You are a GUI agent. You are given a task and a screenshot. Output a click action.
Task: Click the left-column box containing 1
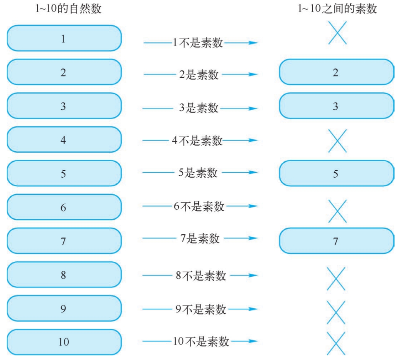64,38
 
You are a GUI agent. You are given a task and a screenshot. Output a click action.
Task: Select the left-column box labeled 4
64,140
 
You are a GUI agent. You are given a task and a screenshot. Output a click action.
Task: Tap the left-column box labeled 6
64,207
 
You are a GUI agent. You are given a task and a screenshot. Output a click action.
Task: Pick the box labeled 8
64,275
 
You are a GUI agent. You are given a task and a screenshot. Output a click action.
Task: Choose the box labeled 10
64,342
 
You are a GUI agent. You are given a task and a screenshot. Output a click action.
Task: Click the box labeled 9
64,308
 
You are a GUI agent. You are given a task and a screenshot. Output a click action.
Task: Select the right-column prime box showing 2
336,72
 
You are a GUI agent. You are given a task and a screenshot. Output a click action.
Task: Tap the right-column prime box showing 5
336,173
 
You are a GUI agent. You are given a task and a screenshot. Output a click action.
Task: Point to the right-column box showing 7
336,241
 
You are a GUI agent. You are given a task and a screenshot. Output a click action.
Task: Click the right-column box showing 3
336,106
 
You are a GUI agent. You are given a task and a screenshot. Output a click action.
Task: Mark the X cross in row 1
338,33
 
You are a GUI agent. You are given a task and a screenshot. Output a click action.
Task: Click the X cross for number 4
338,141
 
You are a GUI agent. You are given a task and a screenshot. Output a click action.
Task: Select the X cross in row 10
336,344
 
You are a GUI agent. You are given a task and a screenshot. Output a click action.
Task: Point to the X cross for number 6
338,211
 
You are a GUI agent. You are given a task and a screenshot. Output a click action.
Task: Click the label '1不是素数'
198,42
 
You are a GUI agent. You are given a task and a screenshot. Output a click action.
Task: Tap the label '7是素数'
200,238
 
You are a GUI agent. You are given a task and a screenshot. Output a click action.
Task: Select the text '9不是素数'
201,309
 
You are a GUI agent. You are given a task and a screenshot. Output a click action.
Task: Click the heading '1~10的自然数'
68,8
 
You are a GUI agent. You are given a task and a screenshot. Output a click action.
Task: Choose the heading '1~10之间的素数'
337,8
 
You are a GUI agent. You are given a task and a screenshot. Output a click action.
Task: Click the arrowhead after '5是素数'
253,172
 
